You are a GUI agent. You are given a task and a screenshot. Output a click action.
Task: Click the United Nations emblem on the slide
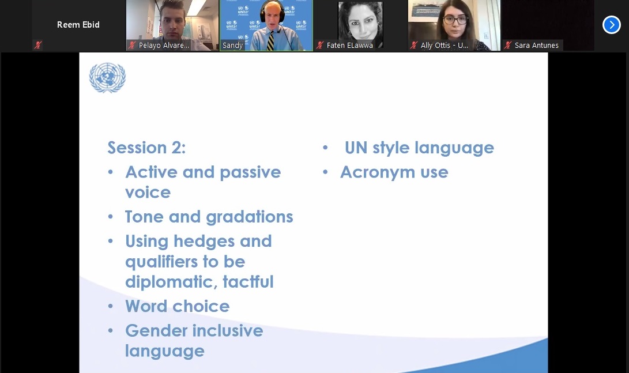pos(107,77)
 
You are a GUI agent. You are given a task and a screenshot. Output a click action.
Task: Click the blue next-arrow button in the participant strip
pos(611,25)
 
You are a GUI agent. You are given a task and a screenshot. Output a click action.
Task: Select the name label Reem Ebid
pos(78,25)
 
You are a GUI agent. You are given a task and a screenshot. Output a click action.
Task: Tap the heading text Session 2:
pos(146,148)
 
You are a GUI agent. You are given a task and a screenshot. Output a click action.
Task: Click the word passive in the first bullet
pos(250,173)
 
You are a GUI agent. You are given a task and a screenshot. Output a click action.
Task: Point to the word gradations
pos(250,217)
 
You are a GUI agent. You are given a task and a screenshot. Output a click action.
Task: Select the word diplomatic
pos(171,282)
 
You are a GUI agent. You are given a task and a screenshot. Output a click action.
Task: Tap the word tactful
pos(248,281)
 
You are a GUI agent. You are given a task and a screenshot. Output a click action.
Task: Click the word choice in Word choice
pos(204,307)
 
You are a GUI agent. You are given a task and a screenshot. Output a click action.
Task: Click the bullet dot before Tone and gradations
pos(111,217)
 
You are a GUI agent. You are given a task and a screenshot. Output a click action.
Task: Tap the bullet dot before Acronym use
pos(325,172)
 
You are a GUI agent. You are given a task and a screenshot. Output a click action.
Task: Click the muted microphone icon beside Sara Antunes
pos(508,45)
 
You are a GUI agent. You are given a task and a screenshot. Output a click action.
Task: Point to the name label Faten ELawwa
pos(350,46)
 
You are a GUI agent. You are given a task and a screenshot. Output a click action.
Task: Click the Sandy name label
pos(233,46)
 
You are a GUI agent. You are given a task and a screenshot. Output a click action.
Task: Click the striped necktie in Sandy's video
pos(271,42)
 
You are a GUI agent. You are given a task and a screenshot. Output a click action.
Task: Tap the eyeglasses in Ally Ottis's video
pos(455,19)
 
